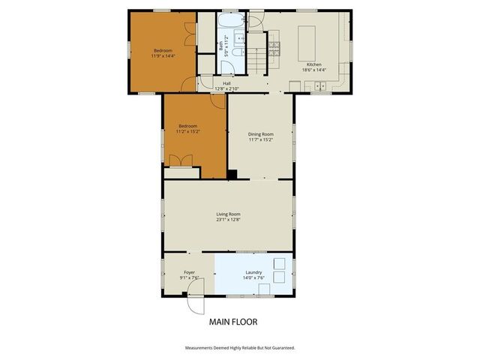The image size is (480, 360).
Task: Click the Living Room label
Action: coord(228,214)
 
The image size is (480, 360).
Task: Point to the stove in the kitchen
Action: coord(275,49)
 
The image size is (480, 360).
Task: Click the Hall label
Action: coord(226,83)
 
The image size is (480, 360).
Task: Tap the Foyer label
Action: coord(189,272)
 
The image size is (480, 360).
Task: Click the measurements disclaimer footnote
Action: coord(239,348)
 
